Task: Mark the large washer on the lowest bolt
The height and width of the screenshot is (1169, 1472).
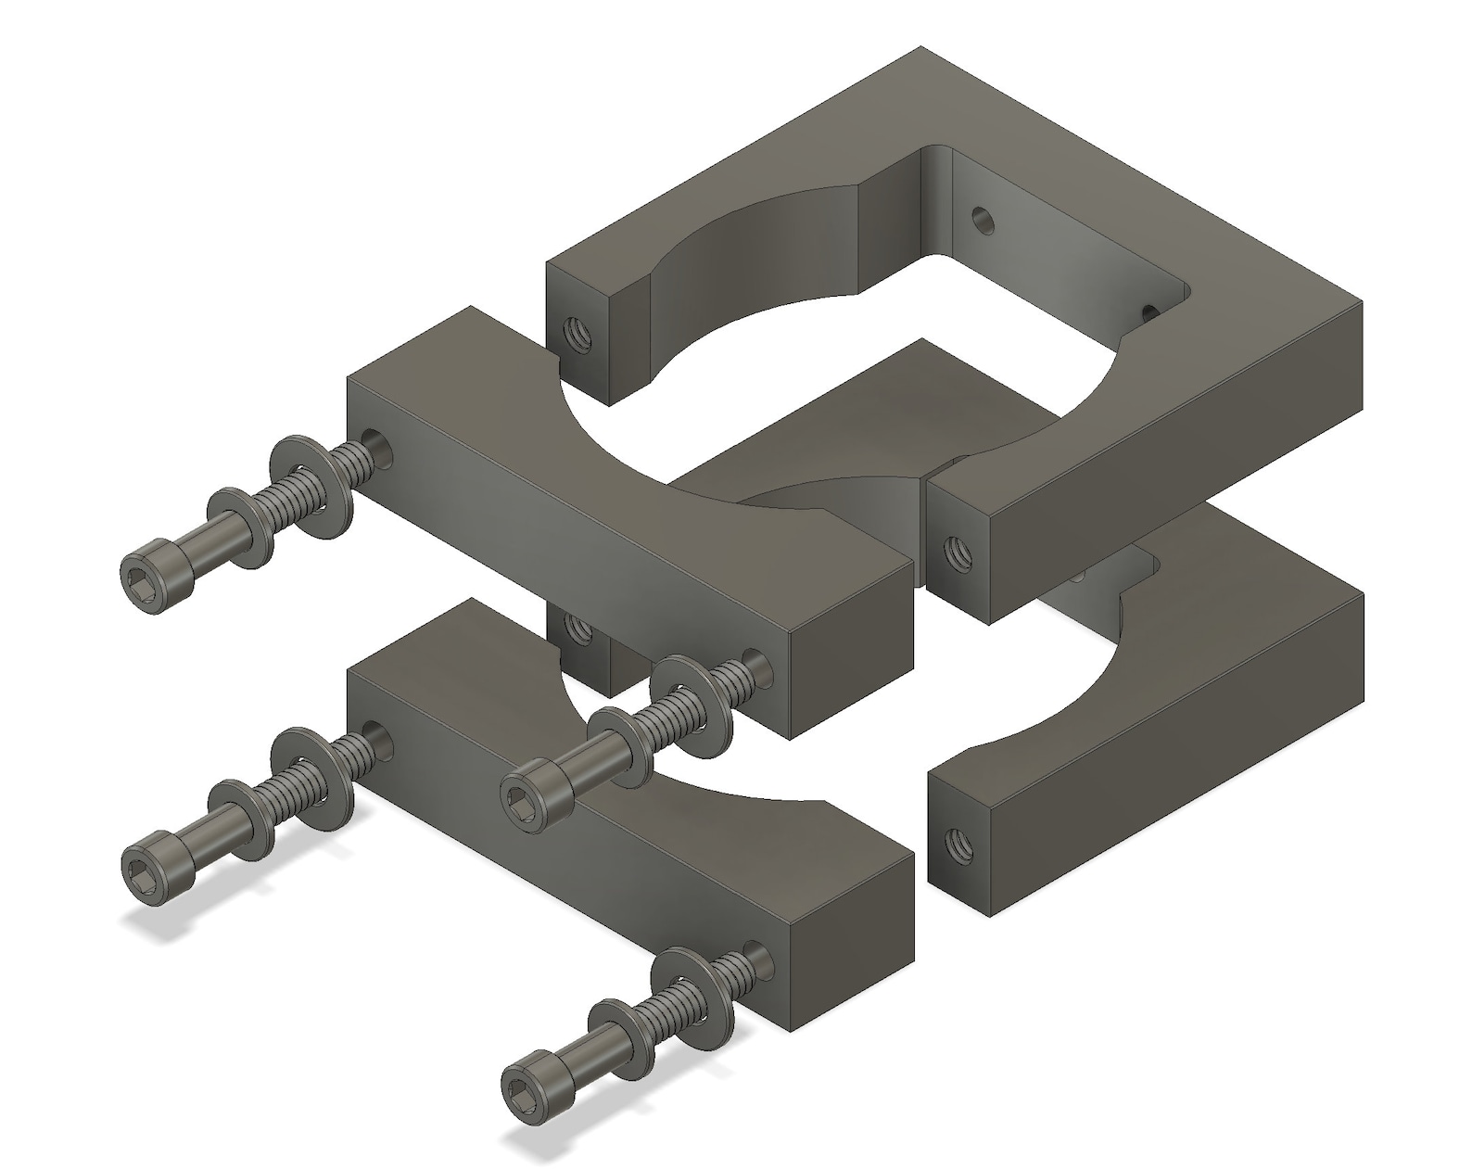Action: point(691,988)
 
